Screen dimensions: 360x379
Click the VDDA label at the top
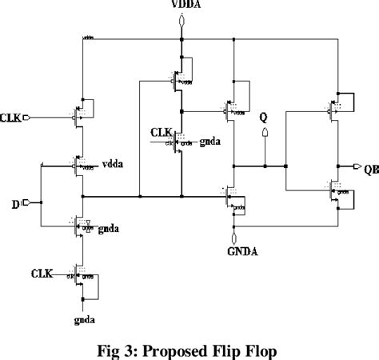click(184, 6)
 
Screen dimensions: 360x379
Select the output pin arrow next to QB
click(354, 167)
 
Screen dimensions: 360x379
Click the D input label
click(15, 204)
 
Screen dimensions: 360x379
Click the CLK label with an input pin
click(12, 117)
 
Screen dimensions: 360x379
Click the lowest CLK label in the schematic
click(42, 274)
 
